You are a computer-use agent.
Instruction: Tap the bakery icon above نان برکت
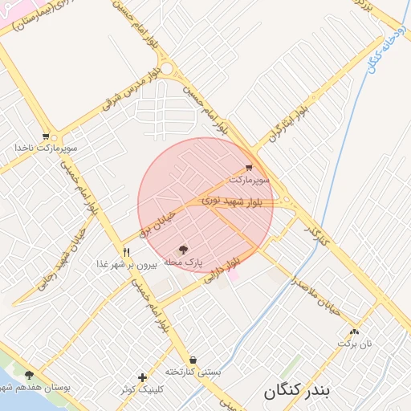pos(355,332)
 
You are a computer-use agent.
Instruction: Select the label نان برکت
pos(355,344)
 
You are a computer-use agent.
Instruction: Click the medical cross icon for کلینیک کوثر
pos(142,377)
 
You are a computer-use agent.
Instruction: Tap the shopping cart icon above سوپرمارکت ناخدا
pos(46,136)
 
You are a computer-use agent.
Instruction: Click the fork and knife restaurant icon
pos(126,251)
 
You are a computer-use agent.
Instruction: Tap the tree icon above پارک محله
pos(183,250)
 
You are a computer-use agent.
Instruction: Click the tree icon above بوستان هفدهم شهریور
pos(30,375)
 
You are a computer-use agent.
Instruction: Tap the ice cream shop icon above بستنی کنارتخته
pos(193,360)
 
